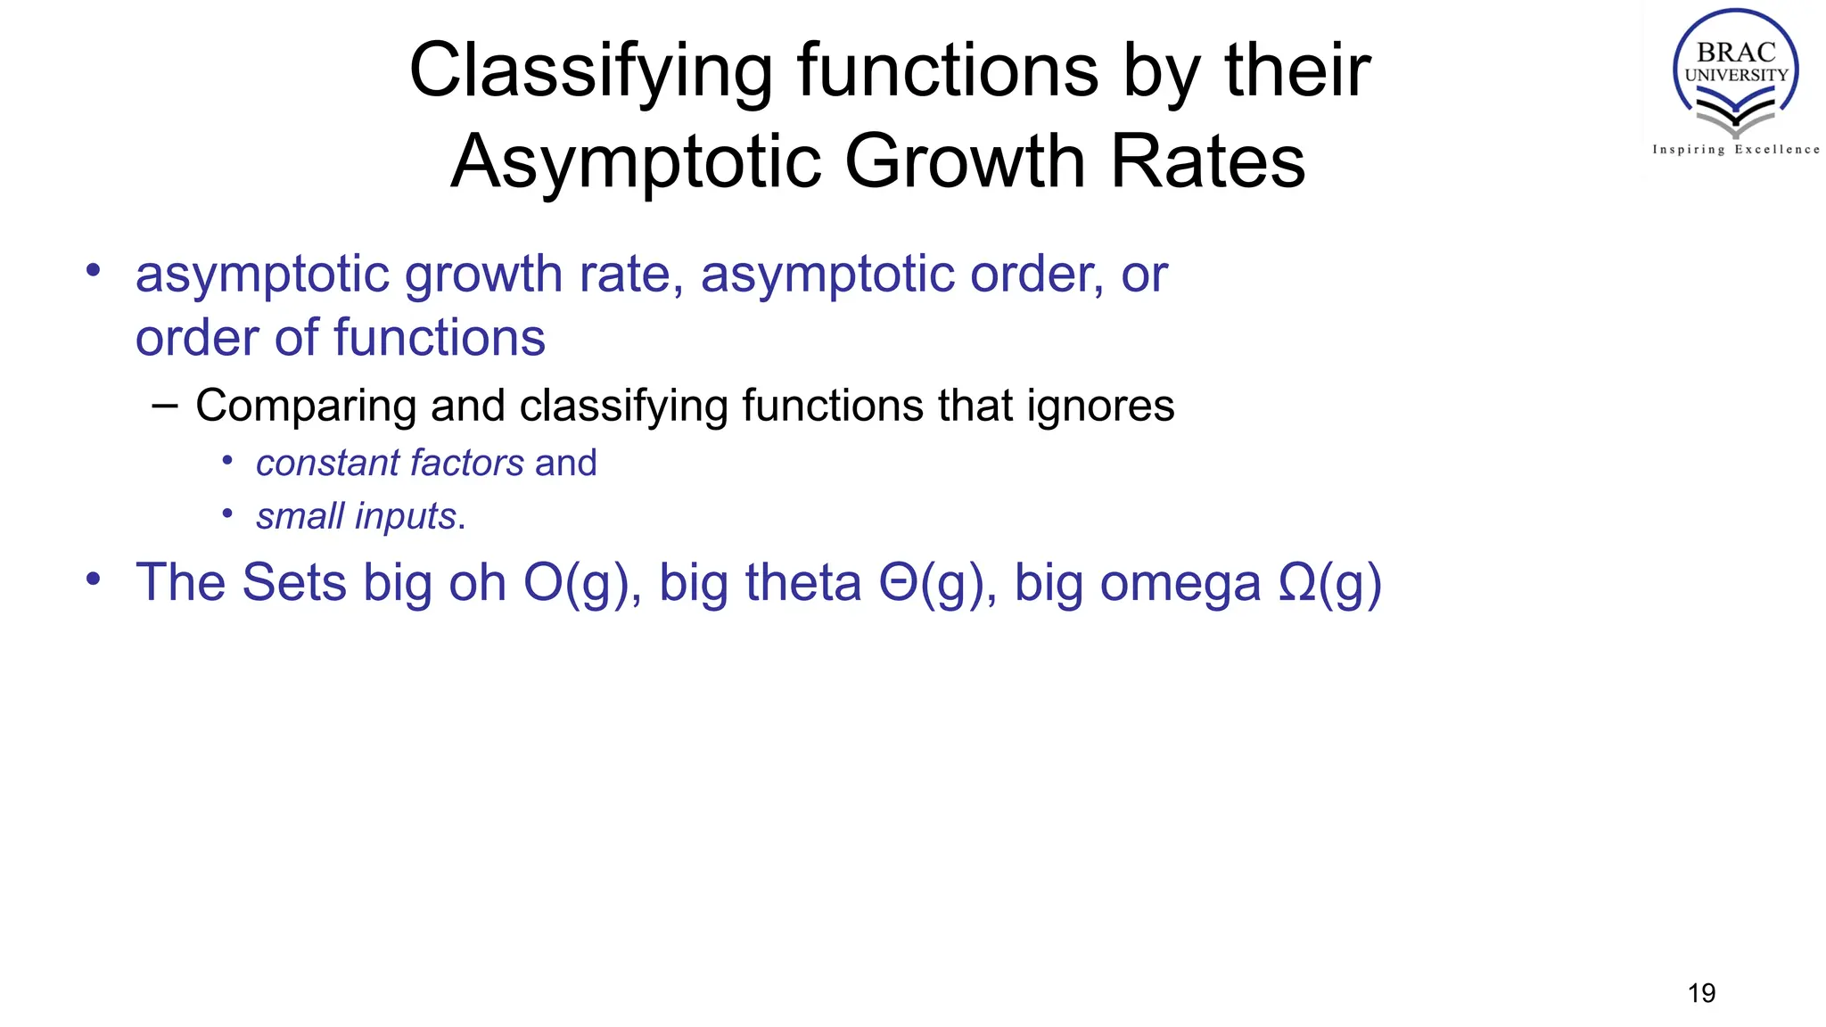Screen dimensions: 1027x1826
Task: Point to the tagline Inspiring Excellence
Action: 1735,150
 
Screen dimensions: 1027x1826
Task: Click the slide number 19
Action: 1701,993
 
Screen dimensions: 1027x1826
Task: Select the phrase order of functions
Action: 340,338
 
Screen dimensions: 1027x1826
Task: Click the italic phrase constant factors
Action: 390,464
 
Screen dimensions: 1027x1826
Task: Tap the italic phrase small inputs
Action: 356,517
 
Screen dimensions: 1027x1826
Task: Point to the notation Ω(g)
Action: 1329,584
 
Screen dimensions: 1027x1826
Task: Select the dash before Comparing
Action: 165,407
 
